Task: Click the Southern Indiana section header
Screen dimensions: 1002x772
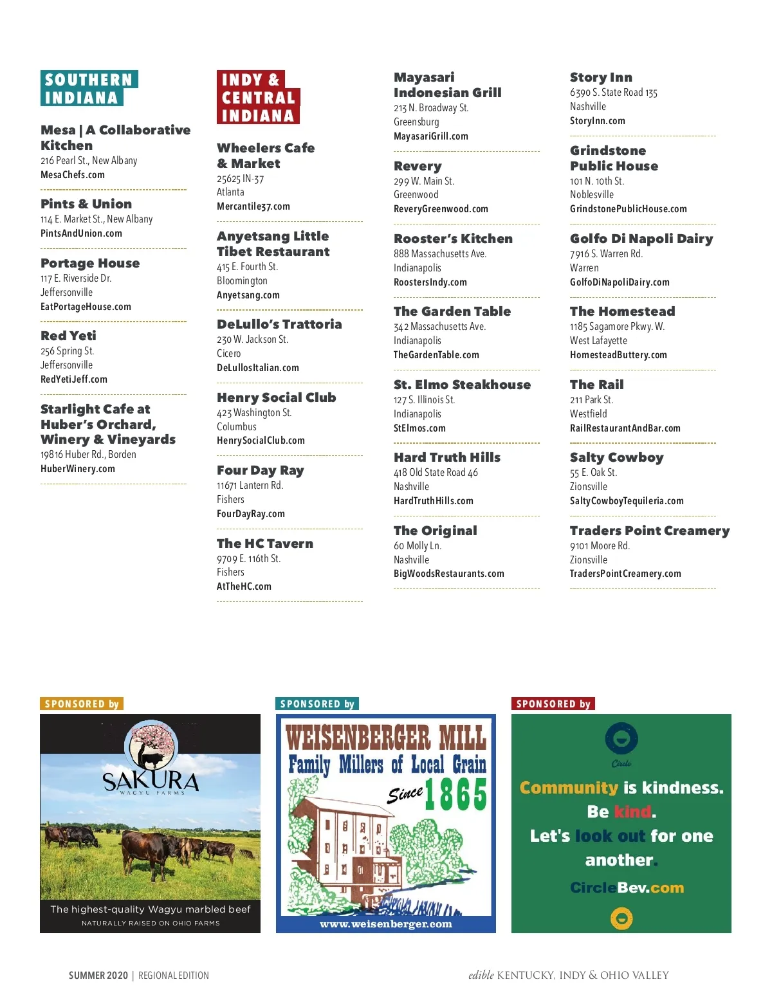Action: [x=88, y=89]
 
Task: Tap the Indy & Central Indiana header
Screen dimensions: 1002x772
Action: [x=257, y=98]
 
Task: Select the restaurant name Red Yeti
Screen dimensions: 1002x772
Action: [x=68, y=336]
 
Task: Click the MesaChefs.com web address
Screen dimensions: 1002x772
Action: [x=73, y=175]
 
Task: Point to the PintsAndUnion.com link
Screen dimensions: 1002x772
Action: [x=81, y=233]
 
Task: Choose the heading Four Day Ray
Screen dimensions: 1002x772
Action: [x=260, y=471]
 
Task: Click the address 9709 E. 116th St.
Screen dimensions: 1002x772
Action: [x=248, y=559]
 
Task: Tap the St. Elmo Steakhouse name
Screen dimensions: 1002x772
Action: [x=462, y=385]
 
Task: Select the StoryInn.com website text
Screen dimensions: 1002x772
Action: [x=597, y=121]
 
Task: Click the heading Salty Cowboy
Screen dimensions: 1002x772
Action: [x=616, y=457]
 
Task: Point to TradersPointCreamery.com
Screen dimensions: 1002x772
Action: [x=625, y=574]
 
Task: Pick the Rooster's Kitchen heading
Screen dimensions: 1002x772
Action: [x=453, y=239]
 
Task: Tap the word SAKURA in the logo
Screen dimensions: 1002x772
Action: [x=151, y=781]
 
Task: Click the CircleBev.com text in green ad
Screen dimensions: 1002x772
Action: [x=627, y=888]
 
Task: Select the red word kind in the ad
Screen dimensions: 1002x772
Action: [x=632, y=812]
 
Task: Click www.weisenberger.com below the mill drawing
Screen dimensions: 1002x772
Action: [x=386, y=924]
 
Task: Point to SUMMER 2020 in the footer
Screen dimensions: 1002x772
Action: [x=98, y=976]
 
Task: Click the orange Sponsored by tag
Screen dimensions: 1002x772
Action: [x=82, y=704]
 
